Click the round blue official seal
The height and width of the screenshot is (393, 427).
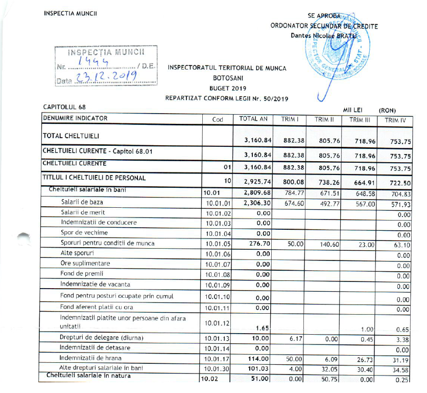click(x=337, y=54)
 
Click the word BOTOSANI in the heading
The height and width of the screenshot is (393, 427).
click(x=227, y=79)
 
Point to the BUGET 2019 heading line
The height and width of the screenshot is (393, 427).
click(x=227, y=89)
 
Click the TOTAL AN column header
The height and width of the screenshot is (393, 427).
click(x=253, y=119)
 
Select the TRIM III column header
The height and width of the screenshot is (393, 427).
click(x=359, y=120)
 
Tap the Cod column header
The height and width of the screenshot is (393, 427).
click(x=218, y=120)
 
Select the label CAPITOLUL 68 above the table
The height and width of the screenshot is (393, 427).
click(x=64, y=107)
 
